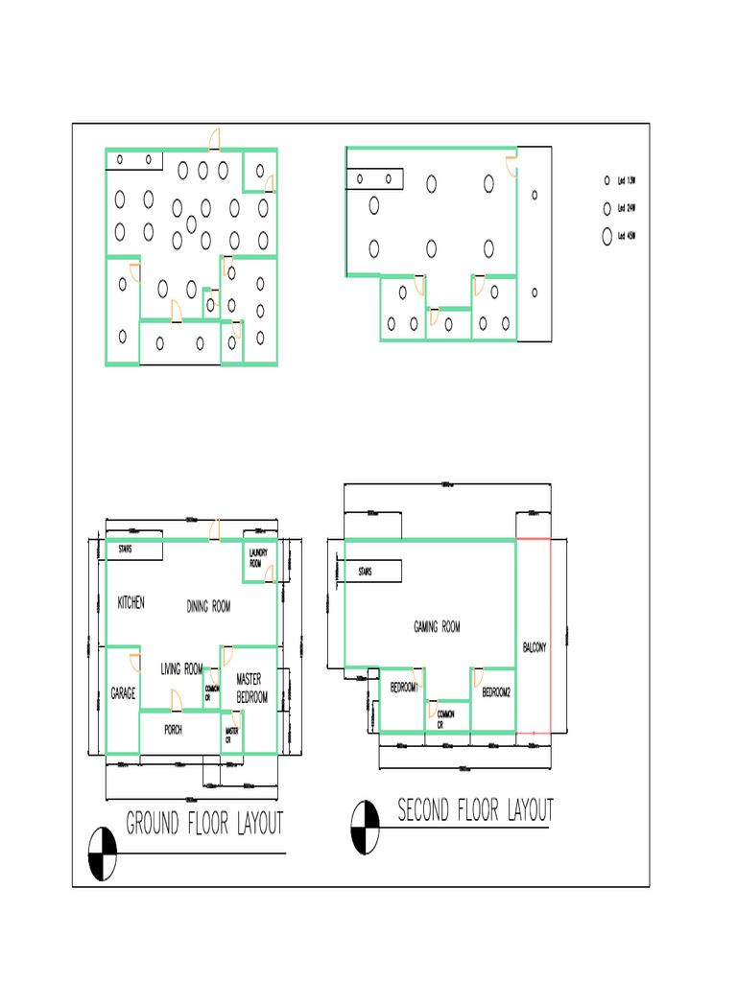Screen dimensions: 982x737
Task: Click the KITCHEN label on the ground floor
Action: click(131, 603)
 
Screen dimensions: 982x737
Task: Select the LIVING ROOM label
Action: click(181, 668)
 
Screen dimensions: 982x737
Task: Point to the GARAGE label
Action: click(123, 693)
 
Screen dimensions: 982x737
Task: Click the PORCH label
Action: click(173, 730)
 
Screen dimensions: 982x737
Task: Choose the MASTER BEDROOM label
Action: click(251, 689)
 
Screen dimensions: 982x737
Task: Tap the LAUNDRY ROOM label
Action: click(256, 559)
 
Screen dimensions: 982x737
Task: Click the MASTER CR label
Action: click(231, 736)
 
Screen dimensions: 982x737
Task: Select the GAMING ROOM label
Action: click(437, 627)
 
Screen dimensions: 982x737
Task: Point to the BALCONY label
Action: click(535, 648)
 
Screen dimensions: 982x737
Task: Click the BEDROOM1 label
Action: click(402, 689)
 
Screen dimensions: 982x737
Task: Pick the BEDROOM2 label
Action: click(496, 691)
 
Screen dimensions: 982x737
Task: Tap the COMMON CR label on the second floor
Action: click(445, 719)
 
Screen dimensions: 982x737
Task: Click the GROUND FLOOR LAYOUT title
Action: click(204, 823)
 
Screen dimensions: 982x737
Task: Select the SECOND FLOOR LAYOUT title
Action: click(475, 810)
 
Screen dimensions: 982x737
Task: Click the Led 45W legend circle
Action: click(606, 236)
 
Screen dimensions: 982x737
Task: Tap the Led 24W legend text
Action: click(627, 208)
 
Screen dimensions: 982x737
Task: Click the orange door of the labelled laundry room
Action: click(270, 573)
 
